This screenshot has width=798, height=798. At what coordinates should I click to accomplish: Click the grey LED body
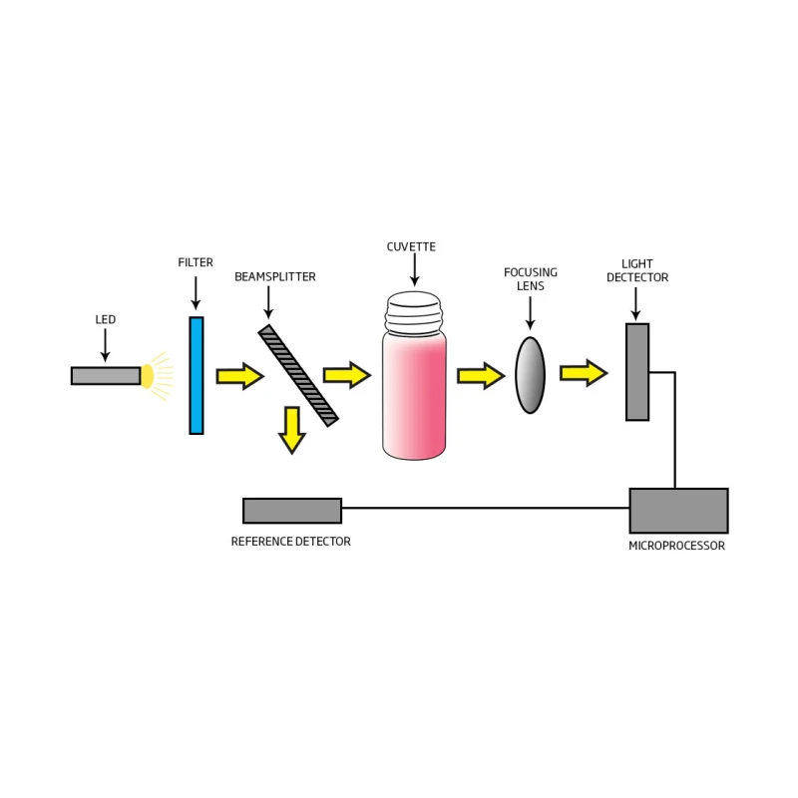tap(105, 375)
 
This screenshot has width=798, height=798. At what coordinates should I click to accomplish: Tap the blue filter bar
tap(197, 375)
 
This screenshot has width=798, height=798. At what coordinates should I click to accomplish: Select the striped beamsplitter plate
tap(298, 375)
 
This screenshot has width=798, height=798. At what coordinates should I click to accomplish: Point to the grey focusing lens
tap(531, 375)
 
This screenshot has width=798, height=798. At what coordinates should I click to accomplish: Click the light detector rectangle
tap(637, 371)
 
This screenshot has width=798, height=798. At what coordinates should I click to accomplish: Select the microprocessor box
tap(678, 510)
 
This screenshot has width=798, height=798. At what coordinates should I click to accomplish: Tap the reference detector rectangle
tap(292, 510)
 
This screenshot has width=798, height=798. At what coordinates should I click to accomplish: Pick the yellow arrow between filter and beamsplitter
tap(239, 376)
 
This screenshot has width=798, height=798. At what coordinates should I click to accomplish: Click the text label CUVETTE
tap(411, 246)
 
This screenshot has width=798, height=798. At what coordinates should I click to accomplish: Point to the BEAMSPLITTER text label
tap(274, 276)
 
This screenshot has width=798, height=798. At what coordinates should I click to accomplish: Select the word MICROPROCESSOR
tap(676, 546)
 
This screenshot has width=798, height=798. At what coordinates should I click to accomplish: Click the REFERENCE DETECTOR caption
tap(290, 542)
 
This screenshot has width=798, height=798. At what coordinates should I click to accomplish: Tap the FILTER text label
tap(195, 262)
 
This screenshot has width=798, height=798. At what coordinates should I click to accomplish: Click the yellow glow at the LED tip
tap(149, 375)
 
